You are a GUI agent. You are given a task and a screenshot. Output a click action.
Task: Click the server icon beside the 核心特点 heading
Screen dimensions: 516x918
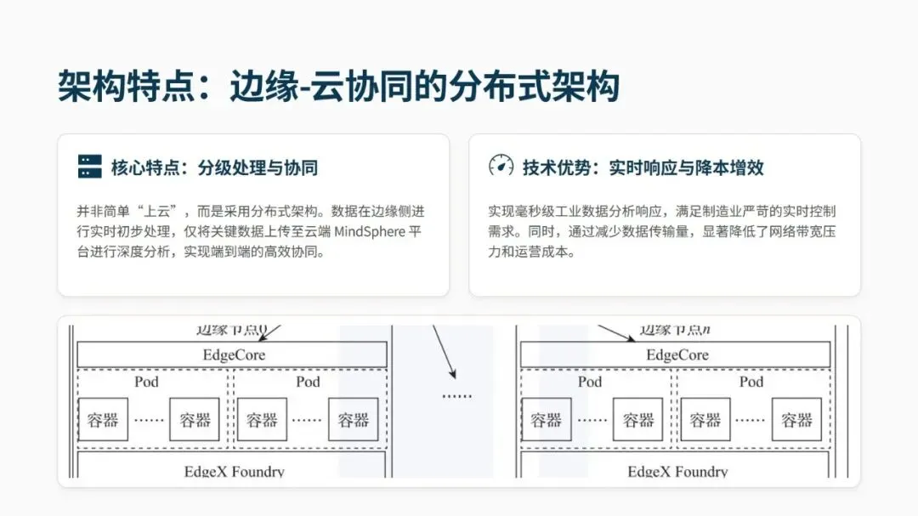(x=89, y=167)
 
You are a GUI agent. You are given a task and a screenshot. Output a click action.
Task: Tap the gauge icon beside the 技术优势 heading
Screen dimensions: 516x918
(x=501, y=167)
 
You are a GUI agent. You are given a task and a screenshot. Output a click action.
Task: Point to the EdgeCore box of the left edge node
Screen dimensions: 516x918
(x=232, y=354)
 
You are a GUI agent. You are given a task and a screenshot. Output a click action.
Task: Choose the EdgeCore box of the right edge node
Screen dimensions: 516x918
(x=676, y=354)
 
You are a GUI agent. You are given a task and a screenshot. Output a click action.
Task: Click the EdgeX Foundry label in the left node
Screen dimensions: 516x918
(x=234, y=471)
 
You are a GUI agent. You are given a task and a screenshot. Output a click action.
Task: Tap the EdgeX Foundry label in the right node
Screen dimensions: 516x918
(x=677, y=471)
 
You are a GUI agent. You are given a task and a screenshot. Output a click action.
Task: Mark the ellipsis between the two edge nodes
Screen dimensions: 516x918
(x=456, y=395)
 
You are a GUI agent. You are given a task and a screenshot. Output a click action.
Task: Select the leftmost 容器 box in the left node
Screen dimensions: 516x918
(x=103, y=419)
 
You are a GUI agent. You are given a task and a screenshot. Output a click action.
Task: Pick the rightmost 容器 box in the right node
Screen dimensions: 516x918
(x=796, y=419)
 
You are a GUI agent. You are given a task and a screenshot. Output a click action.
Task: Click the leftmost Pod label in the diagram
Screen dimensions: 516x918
(x=146, y=382)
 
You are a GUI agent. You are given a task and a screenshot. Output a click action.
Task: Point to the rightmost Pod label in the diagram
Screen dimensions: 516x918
(x=751, y=382)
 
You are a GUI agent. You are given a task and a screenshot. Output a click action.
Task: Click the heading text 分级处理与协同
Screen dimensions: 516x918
(x=258, y=167)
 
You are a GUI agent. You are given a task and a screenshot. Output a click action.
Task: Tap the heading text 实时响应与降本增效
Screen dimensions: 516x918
(x=686, y=167)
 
